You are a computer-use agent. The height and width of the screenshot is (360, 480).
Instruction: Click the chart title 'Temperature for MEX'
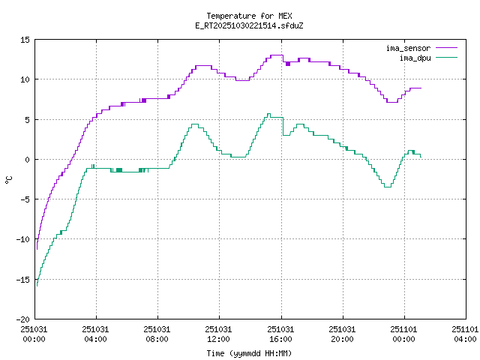pyautogui.click(x=248, y=16)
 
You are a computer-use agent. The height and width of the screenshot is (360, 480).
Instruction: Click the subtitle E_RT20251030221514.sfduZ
pyautogui.click(x=248, y=25)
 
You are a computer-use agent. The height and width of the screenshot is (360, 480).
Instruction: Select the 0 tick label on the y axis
pyautogui.click(x=27, y=159)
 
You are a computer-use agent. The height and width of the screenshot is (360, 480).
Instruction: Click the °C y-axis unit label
pyautogui.click(x=8, y=179)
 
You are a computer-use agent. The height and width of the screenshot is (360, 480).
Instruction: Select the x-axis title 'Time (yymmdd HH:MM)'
pyautogui.click(x=248, y=353)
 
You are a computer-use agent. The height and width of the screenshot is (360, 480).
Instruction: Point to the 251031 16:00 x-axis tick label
pyautogui.click(x=281, y=334)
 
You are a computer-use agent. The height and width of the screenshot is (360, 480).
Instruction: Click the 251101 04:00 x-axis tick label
pyautogui.click(x=465, y=334)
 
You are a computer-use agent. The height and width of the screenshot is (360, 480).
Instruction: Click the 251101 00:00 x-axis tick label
pyautogui.click(x=404, y=334)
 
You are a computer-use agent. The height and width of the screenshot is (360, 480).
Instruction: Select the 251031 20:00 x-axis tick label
pyautogui.click(x=343, y=334)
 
